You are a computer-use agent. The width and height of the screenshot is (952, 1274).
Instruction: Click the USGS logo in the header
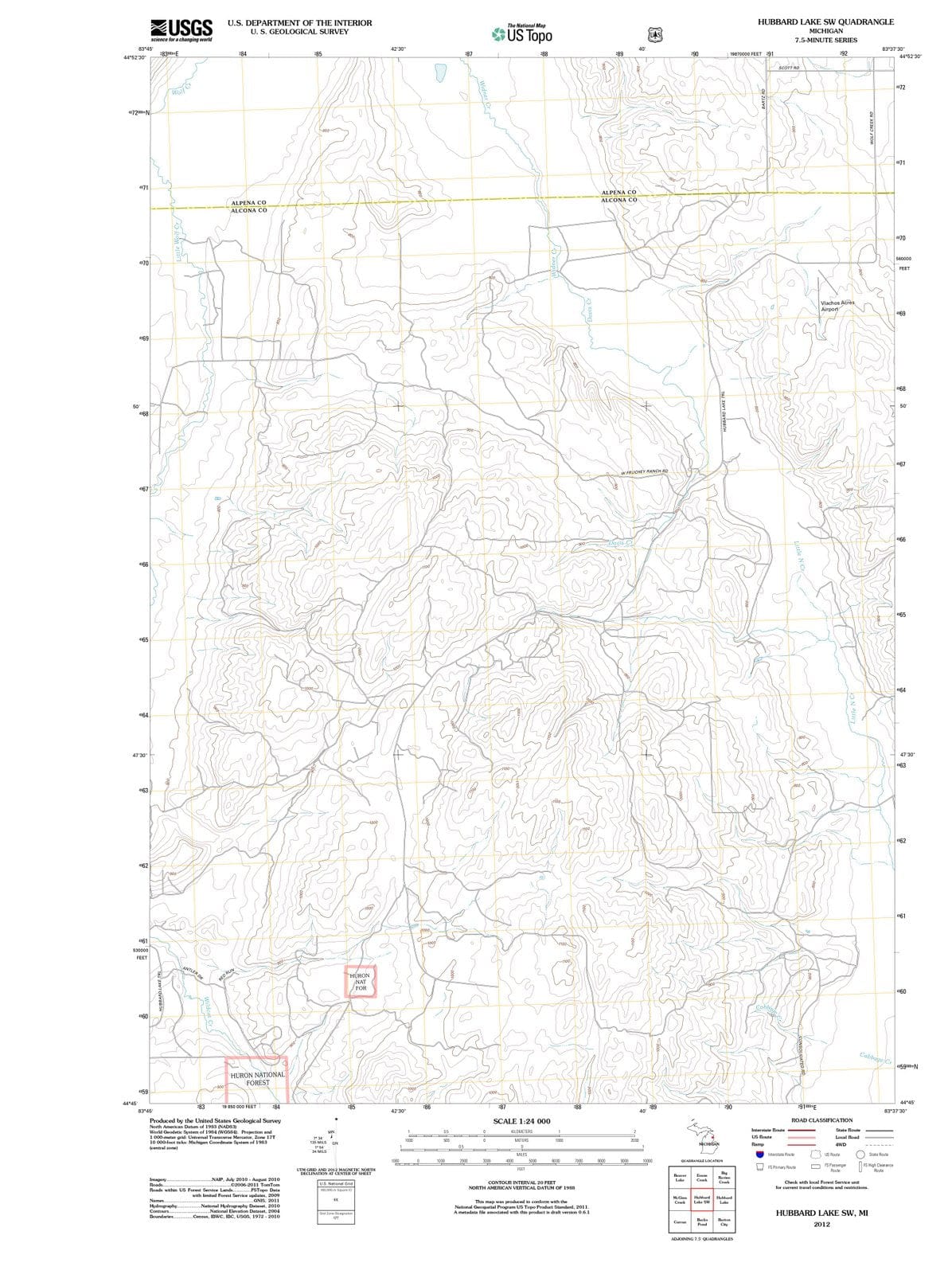pos(181,29)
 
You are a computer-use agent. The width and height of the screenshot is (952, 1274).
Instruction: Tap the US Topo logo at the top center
pos(522,34)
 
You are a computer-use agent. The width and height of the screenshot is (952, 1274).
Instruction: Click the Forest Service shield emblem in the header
pos(654,34)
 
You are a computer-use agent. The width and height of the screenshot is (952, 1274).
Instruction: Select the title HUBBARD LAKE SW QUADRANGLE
pos(825,21)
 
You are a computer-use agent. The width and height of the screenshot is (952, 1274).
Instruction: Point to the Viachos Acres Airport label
pos(837,306)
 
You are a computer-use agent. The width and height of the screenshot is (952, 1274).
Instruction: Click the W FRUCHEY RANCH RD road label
pos(643,472)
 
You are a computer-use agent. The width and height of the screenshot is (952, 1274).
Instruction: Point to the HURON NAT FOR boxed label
pos(360,981)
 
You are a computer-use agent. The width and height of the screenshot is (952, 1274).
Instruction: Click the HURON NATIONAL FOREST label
pos(257,1078)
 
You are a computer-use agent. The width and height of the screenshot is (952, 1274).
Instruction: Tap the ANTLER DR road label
pos(193,972)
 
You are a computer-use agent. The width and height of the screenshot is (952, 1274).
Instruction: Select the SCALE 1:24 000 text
pos(521,1121)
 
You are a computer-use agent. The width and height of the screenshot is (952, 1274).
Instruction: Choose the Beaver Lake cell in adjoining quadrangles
pos(680,1177)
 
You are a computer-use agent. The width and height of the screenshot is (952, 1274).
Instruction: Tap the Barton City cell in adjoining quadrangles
pos(724,1222)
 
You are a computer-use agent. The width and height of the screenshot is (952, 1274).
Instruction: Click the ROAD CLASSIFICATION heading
pos(821,1120)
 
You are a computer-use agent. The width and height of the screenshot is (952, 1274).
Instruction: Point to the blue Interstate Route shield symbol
pos(760,1154)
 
